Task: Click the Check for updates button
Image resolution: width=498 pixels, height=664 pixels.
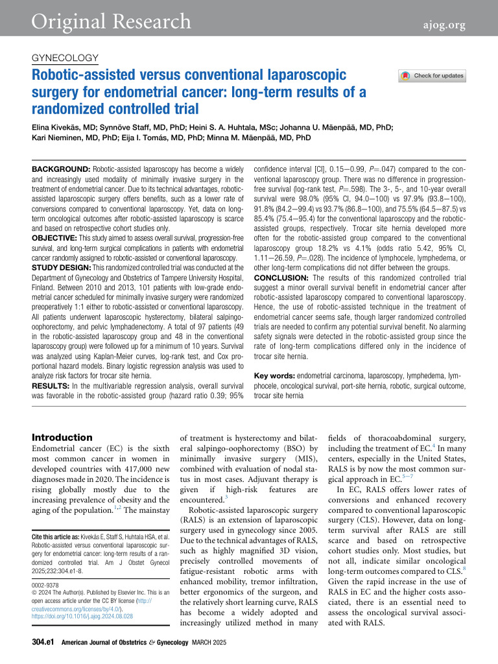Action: point(433,76)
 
